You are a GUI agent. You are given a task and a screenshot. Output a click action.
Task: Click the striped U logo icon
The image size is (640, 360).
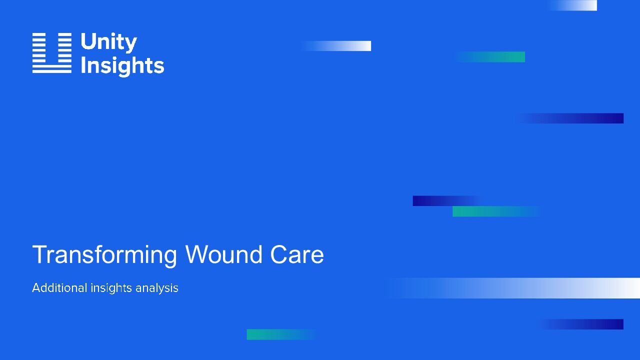click(x=51, y=53)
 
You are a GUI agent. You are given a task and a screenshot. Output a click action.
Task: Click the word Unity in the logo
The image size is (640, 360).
click(x=109, y=42)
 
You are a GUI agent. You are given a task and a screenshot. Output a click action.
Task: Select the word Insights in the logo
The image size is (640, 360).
click(x=122, y=66)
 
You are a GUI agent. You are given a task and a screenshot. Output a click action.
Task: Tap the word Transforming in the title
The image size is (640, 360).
click(x=104, y=255)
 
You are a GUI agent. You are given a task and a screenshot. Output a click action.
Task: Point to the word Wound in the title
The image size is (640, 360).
click(x=223, y=254)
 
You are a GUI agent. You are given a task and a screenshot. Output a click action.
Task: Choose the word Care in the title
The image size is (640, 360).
click(x=297, y=254)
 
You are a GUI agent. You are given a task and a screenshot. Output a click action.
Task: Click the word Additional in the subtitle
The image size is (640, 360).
click(x=59, y=287)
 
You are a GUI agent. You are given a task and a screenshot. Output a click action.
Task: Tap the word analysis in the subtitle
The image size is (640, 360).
click(x=157, y=288)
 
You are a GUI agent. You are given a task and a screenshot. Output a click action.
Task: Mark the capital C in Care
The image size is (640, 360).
click(x=278, y=254)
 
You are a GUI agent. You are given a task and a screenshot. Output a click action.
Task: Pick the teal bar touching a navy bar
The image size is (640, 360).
click(x=497, y=211)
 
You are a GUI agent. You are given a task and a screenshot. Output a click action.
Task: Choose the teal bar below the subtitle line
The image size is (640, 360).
click(x=281, y=334)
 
